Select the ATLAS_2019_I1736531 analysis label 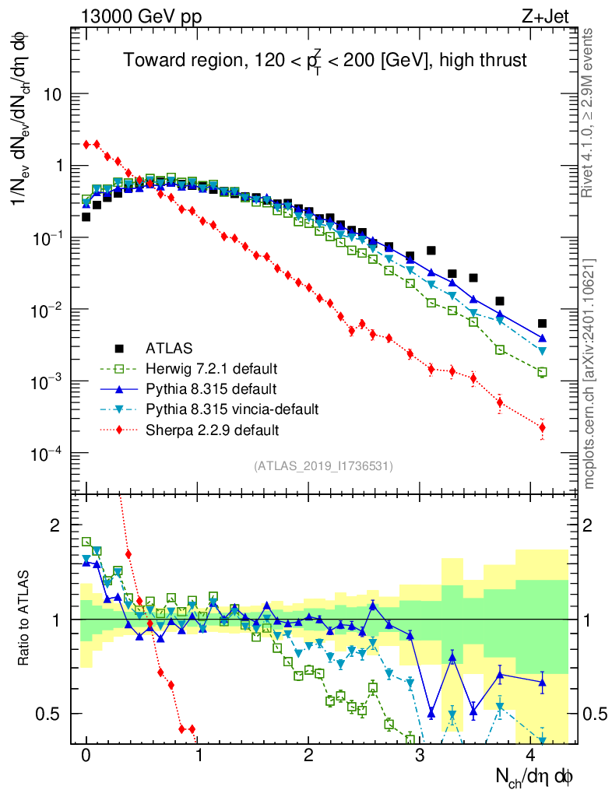click(323, 466)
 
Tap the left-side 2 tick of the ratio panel click(56, 525)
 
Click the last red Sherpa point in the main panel click(543, 427)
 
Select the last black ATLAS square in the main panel click(543, 323)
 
